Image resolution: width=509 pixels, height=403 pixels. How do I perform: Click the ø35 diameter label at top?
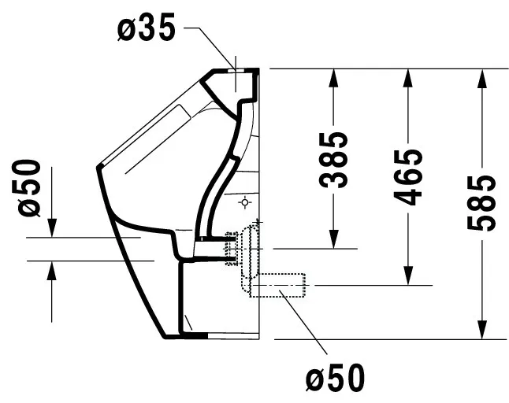click(146, 28)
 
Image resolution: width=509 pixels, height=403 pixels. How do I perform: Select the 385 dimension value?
click(333, 160)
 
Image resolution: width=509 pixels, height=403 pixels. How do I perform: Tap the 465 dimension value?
click(407, 177)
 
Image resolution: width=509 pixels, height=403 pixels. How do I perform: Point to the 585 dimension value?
click(481, 202)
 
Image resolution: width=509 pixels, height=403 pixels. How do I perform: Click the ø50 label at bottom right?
click(336, 378)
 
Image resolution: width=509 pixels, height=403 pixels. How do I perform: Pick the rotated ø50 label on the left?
click(29, 188)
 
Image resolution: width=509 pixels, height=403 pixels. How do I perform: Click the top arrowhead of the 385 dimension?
click(333, 78)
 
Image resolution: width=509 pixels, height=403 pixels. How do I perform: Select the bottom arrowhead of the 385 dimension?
click(334, 239)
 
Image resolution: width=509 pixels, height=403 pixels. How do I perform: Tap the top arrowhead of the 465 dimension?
click(407, 78)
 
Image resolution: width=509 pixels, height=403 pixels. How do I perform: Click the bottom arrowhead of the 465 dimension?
click(408, 275)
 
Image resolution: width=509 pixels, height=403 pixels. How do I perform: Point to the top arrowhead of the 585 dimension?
click(482, 78)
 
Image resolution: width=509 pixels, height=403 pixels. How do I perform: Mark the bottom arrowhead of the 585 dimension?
click(482, 330)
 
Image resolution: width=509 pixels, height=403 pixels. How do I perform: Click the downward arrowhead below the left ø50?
click(52, 228)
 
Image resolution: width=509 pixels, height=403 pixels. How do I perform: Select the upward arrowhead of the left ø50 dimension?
click(52, 271)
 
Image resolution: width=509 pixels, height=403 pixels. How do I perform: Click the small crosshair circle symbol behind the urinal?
click(245, 202)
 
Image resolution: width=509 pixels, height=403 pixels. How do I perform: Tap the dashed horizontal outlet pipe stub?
click(277, 285)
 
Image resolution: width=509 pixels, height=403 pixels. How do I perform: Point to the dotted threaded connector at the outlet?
click(231, 249)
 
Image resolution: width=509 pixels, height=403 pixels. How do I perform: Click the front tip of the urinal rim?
click(98, 167)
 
